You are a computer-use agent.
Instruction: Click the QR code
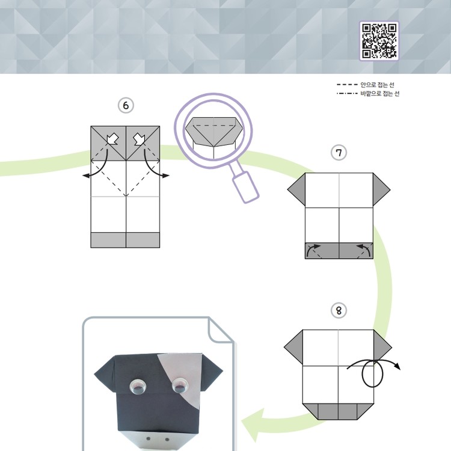[x=379, y=41]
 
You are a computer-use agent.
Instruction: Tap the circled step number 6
[x=126, y=106]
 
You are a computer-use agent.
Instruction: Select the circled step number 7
[x=339, y=153]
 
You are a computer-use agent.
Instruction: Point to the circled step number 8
[x=339, y=311]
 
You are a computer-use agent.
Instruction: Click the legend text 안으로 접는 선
[x=377, y=85]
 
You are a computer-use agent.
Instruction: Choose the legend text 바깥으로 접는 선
[x=379, y=93]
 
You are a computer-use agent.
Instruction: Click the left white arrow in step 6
[x=112, y=139]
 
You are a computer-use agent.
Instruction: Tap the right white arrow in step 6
[x=140, y=139]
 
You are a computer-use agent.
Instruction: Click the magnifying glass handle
[x=246, y=187]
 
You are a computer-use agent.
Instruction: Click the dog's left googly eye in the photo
[x=138, y=387]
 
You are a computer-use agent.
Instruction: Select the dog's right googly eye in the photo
[x=179, y=386]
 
